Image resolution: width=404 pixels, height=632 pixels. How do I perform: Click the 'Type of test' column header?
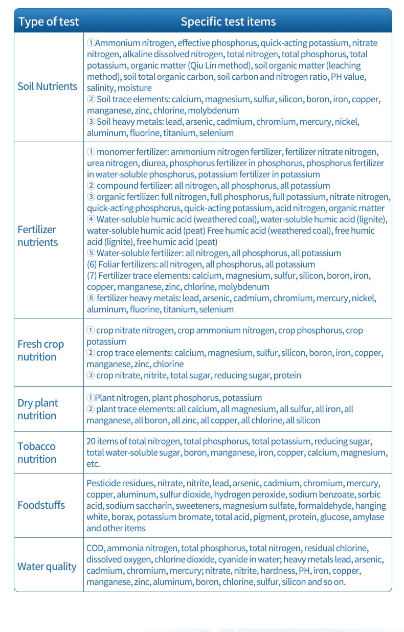(49, 21)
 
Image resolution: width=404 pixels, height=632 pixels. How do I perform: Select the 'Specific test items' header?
(228, 21)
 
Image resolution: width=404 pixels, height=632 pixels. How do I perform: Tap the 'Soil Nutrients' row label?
(48, 86)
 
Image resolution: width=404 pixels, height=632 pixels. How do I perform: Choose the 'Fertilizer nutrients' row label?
(37, 236)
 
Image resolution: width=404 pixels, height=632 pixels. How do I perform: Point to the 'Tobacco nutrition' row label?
(37, 453)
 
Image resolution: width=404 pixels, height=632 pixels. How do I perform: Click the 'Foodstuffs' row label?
(41, 505)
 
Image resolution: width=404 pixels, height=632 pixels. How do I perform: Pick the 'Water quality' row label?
(47, 567)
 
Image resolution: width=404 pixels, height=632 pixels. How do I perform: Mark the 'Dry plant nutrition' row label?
(38, 409)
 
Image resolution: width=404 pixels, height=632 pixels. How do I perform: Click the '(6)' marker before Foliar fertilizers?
(93, 264)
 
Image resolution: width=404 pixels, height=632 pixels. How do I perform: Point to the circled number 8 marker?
(91, 298)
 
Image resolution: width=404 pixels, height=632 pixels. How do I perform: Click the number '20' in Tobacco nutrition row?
(91, 441)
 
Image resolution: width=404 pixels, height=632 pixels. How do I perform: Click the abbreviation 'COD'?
(95, 548)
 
